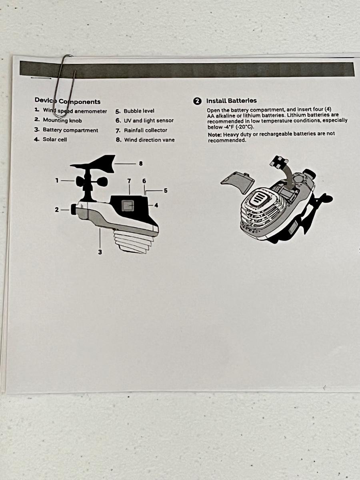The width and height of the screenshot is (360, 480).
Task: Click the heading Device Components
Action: tap(68, 101)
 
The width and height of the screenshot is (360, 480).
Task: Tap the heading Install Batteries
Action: tap(232, 101)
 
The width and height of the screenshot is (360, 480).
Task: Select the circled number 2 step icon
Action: tap(197, 101)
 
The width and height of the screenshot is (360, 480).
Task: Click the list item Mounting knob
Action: tap(58, 120)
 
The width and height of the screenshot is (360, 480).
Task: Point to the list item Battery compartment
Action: tap(66, 130)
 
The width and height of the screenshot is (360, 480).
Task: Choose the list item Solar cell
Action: tap(50, 139)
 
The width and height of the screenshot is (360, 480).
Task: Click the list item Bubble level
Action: tap(135, 111)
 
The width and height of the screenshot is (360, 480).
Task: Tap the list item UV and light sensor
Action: tap(144, 120)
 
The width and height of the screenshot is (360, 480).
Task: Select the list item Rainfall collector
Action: tap(142, 130)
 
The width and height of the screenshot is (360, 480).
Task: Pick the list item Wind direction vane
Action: tap(145, 140)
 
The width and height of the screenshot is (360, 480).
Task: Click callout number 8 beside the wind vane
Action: tap(141, 164)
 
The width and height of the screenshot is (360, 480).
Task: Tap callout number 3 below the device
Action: tap(100, 252)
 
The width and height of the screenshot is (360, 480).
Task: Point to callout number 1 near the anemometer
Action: tap(57, 180)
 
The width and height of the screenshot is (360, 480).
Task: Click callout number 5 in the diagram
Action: tap(166, 190)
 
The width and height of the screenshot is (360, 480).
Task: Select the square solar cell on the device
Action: tap(128, 206)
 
